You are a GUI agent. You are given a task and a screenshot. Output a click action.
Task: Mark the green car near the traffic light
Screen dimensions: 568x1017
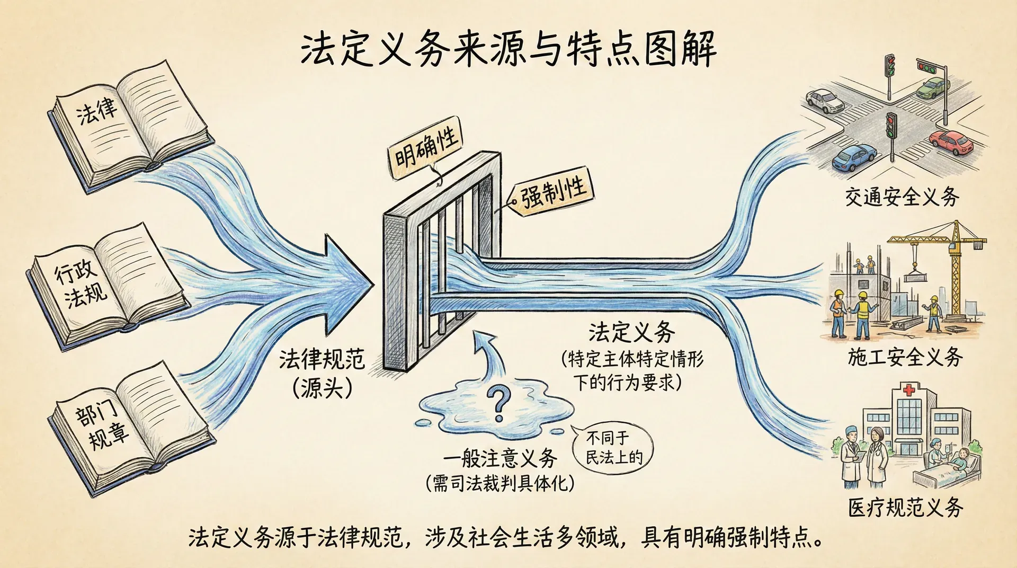click(x=933, y=87)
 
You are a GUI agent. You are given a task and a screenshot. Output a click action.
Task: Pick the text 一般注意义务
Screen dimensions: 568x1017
click(x=500, y=459)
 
